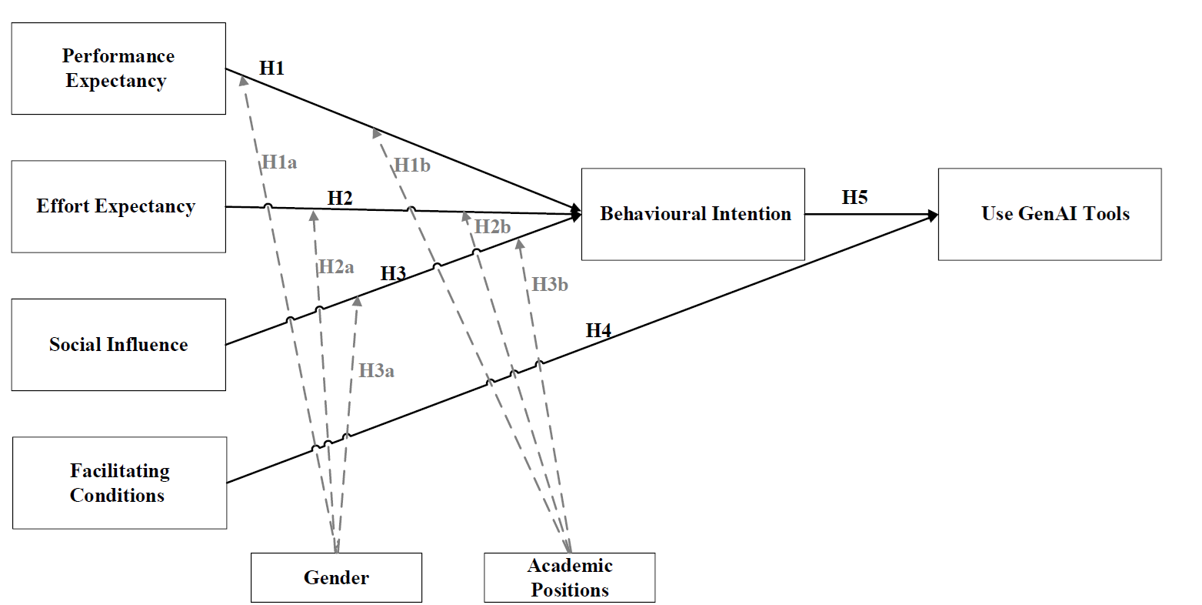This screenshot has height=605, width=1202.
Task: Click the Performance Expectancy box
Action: pyautogui.click(x=118, y=69)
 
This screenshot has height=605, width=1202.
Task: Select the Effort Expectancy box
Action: pyautogui.click(x=118, y=206)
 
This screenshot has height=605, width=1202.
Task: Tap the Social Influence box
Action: pyautogui.click(x=118, y=344)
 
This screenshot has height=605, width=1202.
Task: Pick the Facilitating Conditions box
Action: pyautogui.click(x=119, y=483)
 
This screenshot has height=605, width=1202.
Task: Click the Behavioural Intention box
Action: pyautogui.click(x=693, y=214)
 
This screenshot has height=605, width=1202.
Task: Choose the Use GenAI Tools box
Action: pyautogui.click(x=1049, y=214)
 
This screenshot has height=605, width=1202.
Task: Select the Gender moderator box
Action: pyautogui.click(x=336, y=577)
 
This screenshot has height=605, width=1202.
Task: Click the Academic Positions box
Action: pyautogui.click(x=569, y=577)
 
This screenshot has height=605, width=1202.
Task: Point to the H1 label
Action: pyautogui.click(x=272, y=68)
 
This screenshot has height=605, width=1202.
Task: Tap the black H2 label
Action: pyautogui.click(x=340, y=198)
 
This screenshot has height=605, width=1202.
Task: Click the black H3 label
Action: pyautogui.click(x=393, y=273)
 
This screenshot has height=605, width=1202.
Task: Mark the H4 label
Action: pyautogui.click(x=598, y=331)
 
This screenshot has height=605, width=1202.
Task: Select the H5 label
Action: pyautogui.click(x=854, y=197)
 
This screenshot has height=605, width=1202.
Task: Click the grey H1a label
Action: pyautogui.click(x=279, y=162)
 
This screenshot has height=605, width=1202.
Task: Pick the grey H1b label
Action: pyautogui.click(x=412, y=165)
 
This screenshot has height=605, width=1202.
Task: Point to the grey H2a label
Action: pyautogui.click(x=336, y=267)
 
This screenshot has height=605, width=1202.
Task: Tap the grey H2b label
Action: pyautogui.click(x=492, y=226)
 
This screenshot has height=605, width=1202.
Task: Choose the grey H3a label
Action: pyautogui.click(x=377, y=370)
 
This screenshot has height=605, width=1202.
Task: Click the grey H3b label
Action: pyautogui.click(x=550, y=284)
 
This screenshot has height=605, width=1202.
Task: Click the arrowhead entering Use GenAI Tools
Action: pyautogui.click(x=933, y=216)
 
